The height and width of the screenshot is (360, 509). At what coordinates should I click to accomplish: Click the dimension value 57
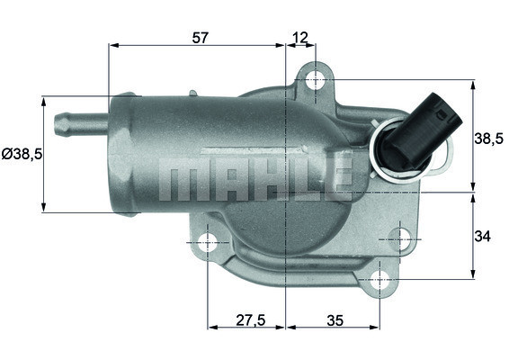point(201,37)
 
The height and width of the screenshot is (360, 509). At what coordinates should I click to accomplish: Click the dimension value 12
point(300,37)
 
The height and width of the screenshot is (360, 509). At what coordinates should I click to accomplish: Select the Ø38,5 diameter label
point(22,155)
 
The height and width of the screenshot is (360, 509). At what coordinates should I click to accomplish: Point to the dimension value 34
point(483,236)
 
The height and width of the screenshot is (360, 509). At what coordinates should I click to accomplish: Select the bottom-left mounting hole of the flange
point(208,241)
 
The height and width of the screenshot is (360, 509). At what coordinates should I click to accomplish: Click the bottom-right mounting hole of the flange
point(380,278)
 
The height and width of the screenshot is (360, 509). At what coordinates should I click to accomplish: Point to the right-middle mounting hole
point(401,238)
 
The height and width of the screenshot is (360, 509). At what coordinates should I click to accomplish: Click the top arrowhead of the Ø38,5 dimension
point(43,100)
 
